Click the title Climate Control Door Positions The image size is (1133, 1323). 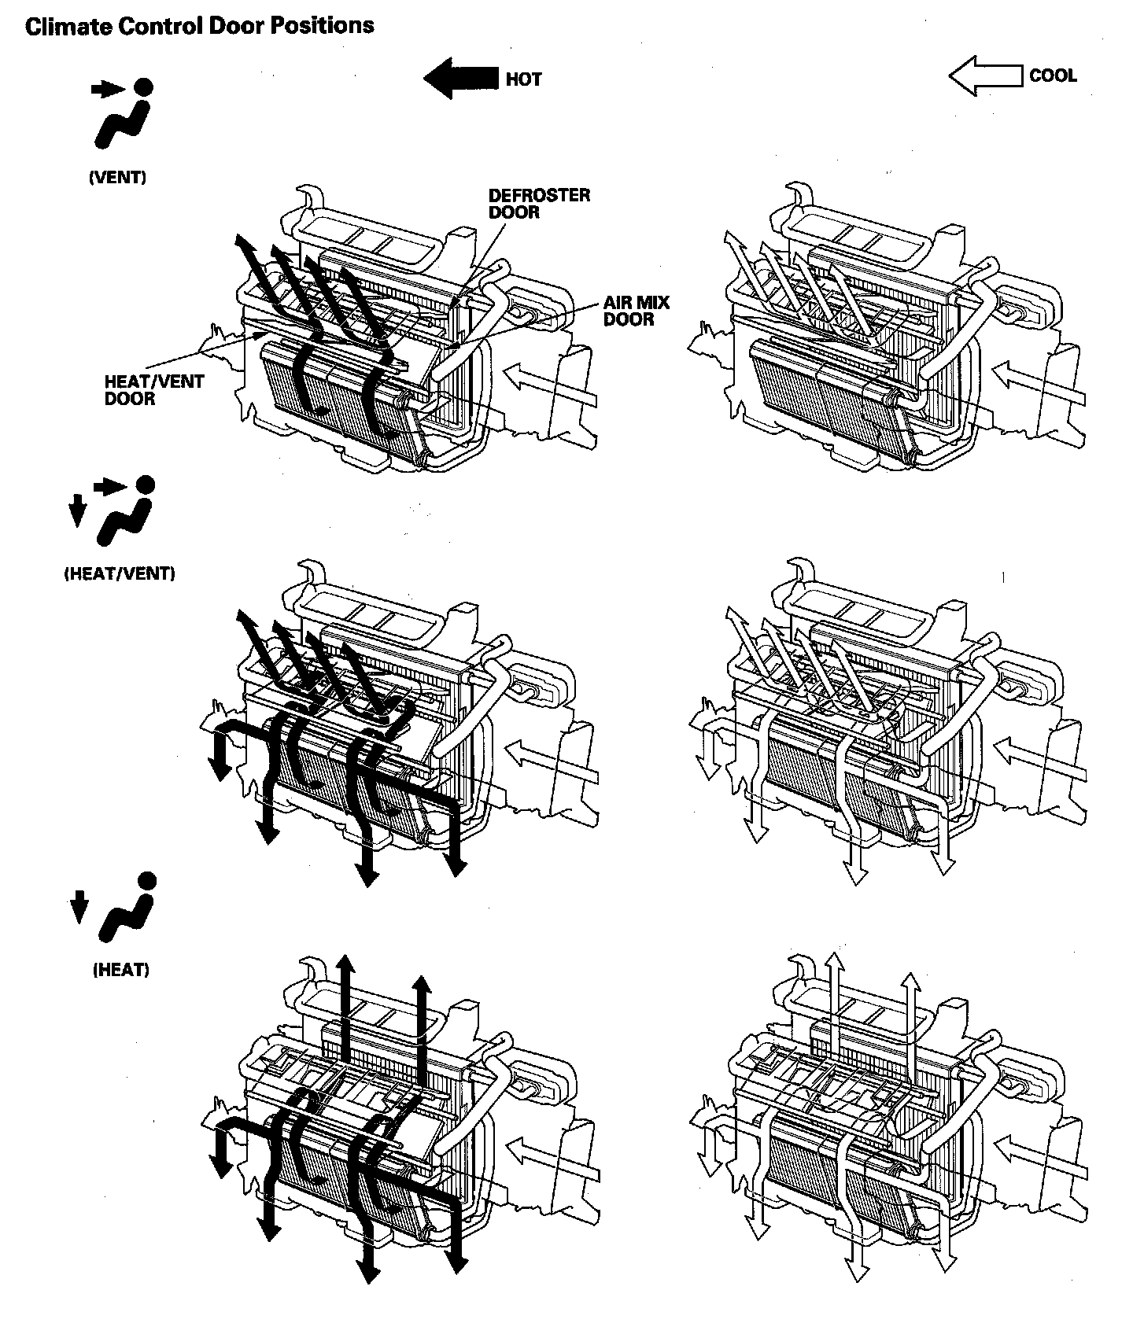(x=200, y=26)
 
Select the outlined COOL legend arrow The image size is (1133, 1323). (x=987, y=76)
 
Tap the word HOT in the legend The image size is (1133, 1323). (x=523, y=79)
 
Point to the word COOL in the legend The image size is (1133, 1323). (x=1053, y=76)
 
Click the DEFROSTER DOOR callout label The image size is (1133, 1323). (x=539, y=203)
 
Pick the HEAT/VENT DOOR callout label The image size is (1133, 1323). (x=154, y=390)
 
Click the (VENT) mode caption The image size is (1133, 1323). (x=118, y=177)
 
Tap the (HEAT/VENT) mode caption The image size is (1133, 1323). (x=119, y=573)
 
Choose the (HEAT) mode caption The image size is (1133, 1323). (x=121, y=970)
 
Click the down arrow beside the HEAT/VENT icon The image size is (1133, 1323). (x=77, y=512)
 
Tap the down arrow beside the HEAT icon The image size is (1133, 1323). (x=78, y=906)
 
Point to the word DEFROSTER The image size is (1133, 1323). (x=539, y=195)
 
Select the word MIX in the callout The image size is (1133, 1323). (x=637, y=302)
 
